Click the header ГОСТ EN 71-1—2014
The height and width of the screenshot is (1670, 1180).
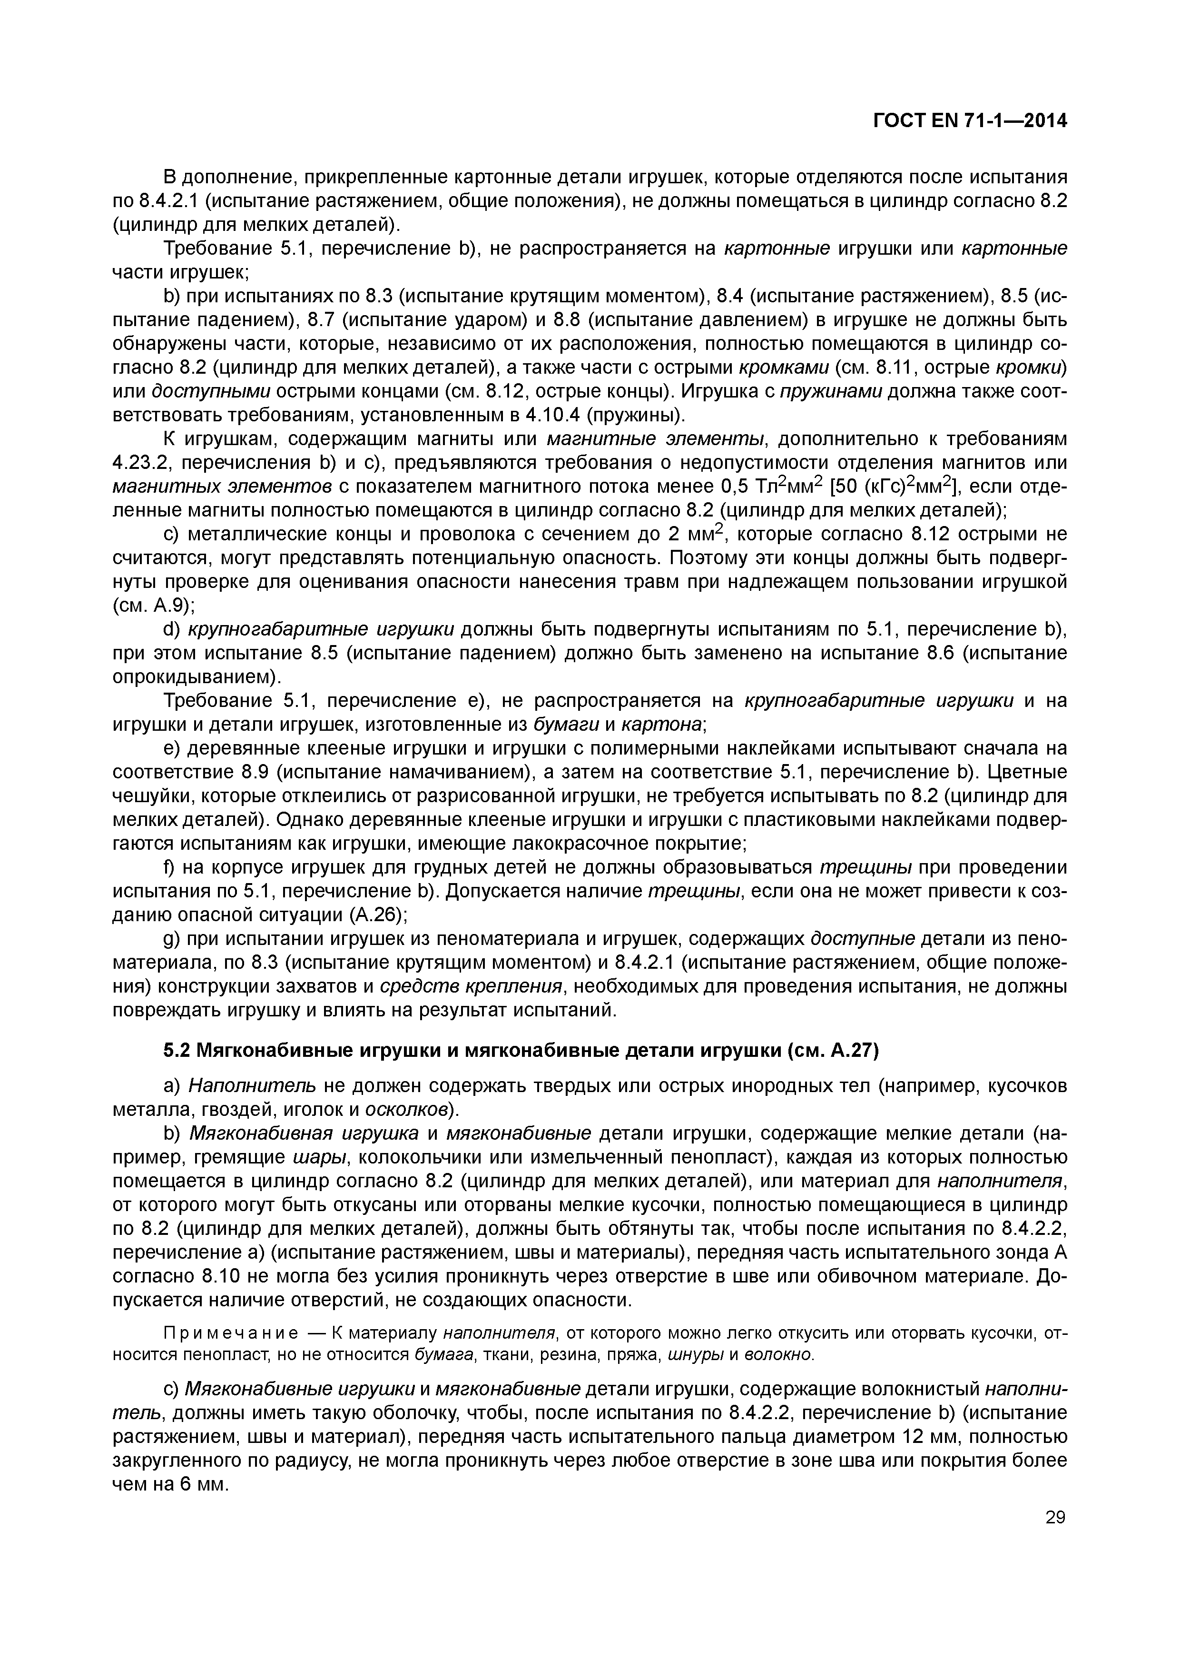coord(969,121)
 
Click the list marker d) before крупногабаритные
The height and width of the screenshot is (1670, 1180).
coord(172,629)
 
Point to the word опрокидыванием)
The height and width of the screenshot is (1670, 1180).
coord(197,677)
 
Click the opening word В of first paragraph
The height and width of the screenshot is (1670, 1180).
coord(170,177)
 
